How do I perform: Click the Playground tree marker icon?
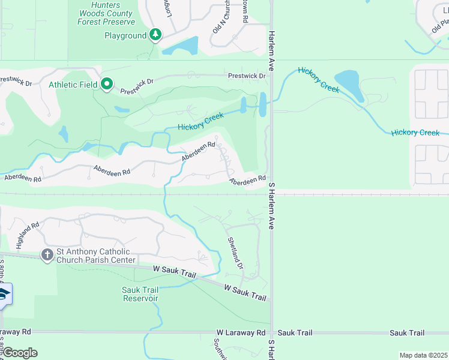[x=156, y=35]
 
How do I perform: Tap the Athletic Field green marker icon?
[x=107, y=85]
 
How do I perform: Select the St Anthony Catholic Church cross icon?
[x=47, y=255]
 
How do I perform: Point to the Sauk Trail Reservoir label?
[x=140, y=294]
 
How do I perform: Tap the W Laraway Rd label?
[x=241, y=332]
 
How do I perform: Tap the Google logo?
[x=19, y=353]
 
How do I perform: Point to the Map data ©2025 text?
[x=423, y=355]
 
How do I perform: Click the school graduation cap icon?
[x=4, y=295]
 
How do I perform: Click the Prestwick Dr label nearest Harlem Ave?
[x=247, y=76]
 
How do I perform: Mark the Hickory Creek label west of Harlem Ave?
[x=200, y=121]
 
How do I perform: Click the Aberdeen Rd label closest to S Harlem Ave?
[x=247, y=179]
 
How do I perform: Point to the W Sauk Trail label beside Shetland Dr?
[x=245, y=293]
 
